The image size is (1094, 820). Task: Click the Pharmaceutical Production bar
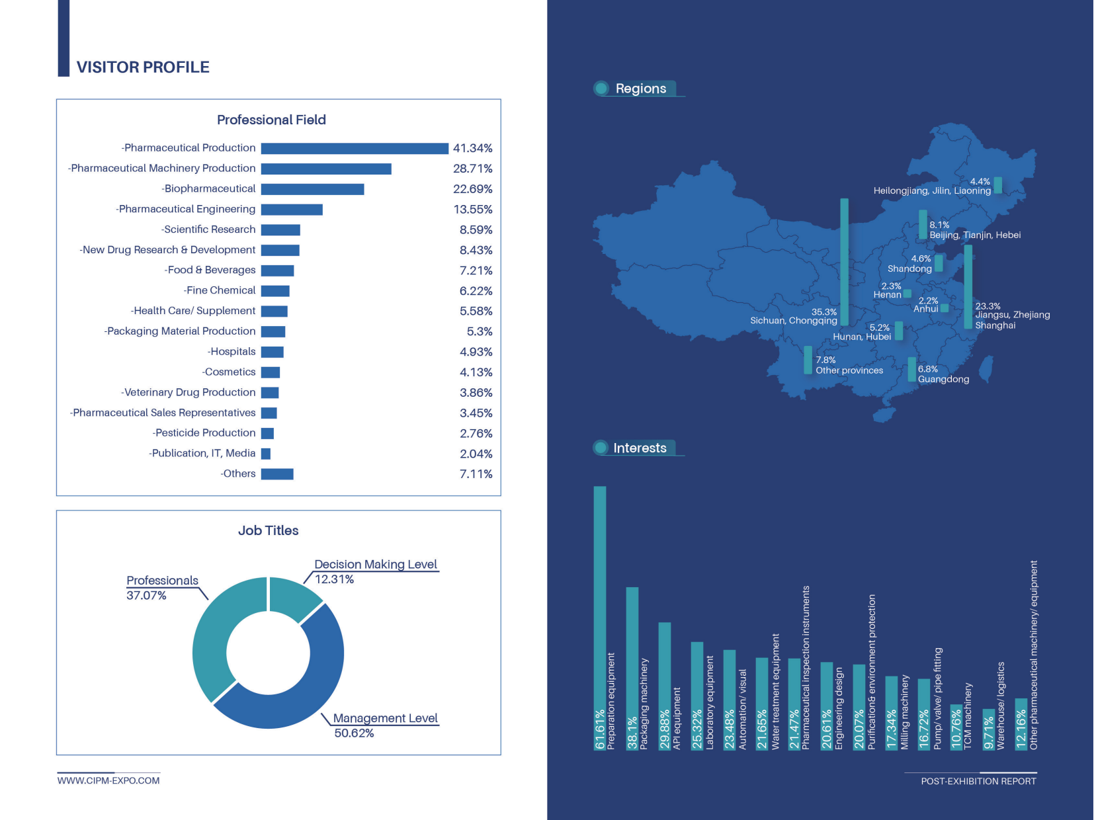[355, 148]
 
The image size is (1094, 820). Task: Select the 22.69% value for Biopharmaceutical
[472, 189]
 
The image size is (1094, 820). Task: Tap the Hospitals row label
[231, 352]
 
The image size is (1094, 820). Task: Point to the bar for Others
[277, 474]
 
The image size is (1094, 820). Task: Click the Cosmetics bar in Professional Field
[271, 372]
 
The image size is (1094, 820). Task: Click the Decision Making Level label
[375, 565]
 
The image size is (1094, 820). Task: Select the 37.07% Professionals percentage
[146, 596]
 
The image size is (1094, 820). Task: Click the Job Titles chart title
[268, 530]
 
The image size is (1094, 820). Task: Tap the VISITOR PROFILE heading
[143, 67]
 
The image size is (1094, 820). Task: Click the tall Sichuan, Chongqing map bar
[844, 261]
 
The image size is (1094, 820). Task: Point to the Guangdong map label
[943, 380]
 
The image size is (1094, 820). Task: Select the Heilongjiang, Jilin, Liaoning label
[932, 191]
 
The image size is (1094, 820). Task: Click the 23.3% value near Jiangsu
[988, 306]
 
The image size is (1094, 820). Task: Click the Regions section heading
[640, 89]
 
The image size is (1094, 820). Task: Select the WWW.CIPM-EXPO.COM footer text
[108, 781]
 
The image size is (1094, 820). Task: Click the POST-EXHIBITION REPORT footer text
[978, 782]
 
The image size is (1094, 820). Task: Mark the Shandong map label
[909, 269]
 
